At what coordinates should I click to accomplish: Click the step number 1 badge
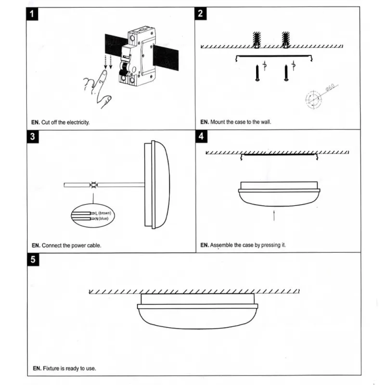[32, 13]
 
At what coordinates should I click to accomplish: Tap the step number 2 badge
[201, 13]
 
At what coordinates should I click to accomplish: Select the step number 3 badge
[32, 136]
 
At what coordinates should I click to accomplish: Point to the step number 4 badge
[201, 136]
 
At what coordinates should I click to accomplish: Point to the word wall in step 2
[266, 122]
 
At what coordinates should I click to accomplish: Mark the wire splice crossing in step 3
[94, 185]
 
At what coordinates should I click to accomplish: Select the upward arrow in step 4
[274, 215]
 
